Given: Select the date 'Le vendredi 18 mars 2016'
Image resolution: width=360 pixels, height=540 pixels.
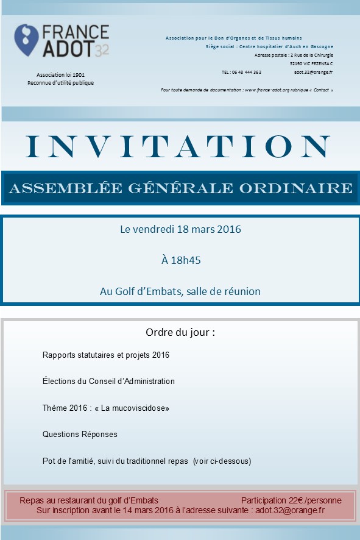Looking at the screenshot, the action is coord(180,230).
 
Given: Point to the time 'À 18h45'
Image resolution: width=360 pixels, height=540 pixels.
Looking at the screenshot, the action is coord(181,260).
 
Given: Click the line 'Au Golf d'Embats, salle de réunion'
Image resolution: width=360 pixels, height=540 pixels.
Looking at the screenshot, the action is coord(180,291).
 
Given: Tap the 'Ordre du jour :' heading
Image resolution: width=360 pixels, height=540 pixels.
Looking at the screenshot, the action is coord(180,333).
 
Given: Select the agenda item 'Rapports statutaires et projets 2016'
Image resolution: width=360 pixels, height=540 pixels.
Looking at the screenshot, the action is coord(106,355).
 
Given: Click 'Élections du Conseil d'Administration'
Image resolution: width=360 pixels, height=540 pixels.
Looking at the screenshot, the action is coord(108,382).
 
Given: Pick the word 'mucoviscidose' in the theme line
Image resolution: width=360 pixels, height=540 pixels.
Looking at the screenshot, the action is coord(139,408).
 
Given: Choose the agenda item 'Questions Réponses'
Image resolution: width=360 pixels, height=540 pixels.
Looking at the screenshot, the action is coord(80,435).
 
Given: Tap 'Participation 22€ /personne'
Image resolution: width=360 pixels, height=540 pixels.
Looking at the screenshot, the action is coord(291,500).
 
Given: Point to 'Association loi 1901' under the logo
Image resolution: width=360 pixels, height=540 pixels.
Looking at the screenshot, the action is coord(60,74).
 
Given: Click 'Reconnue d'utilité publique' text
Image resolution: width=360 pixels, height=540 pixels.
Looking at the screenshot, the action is coord(60,83).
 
